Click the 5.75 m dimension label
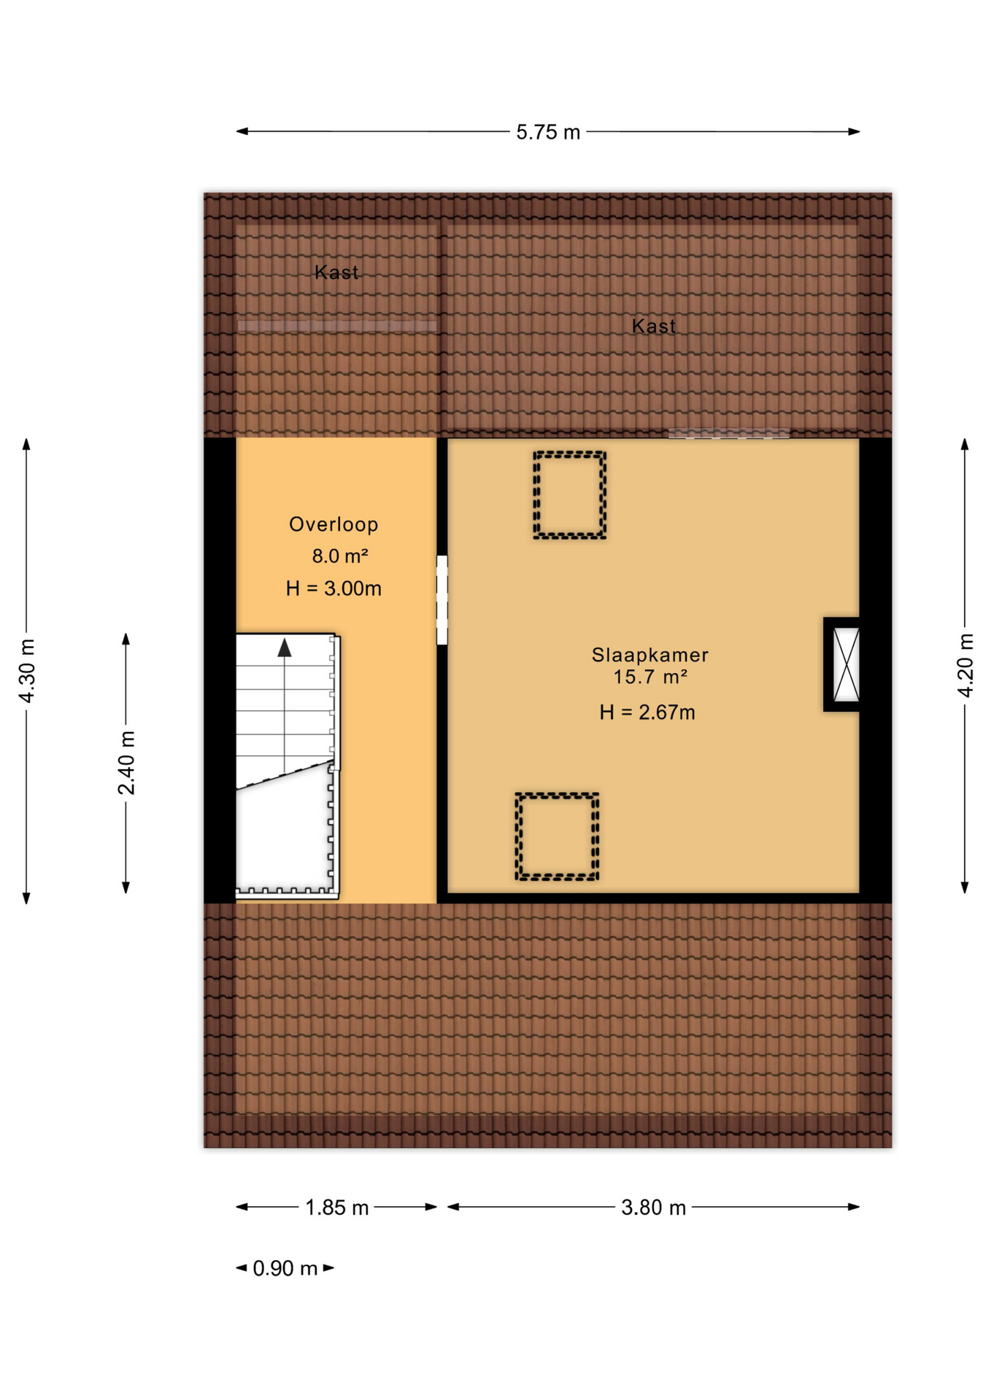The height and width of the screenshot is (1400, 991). (547, 132)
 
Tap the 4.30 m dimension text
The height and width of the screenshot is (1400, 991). (27, 671)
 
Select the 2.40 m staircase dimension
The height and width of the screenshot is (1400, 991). (126, 762)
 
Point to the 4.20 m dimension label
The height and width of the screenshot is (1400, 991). (965, 665)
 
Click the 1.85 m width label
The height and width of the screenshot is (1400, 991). (336, 1207)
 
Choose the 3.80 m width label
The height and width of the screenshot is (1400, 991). (653, 1207)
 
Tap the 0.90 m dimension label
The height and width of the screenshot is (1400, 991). (285, 1269)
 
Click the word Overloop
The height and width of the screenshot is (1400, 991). (333, 524)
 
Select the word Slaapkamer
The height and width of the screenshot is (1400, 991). (649, 655)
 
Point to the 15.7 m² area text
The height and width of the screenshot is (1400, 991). (649, 677)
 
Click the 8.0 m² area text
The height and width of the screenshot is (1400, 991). (339, 556)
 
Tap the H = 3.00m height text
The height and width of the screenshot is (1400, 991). (333, 588)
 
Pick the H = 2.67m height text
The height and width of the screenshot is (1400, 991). (647, 712)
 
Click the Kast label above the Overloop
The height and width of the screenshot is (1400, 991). (336, 273)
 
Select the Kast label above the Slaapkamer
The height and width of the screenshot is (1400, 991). (653, 326)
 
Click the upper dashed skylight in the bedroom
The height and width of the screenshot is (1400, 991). (569, 495)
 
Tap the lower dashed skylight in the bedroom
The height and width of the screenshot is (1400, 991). (557, 836)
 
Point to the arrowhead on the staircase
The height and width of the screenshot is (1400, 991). (285, 647)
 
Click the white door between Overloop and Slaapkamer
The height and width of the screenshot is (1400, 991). (441, 599)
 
